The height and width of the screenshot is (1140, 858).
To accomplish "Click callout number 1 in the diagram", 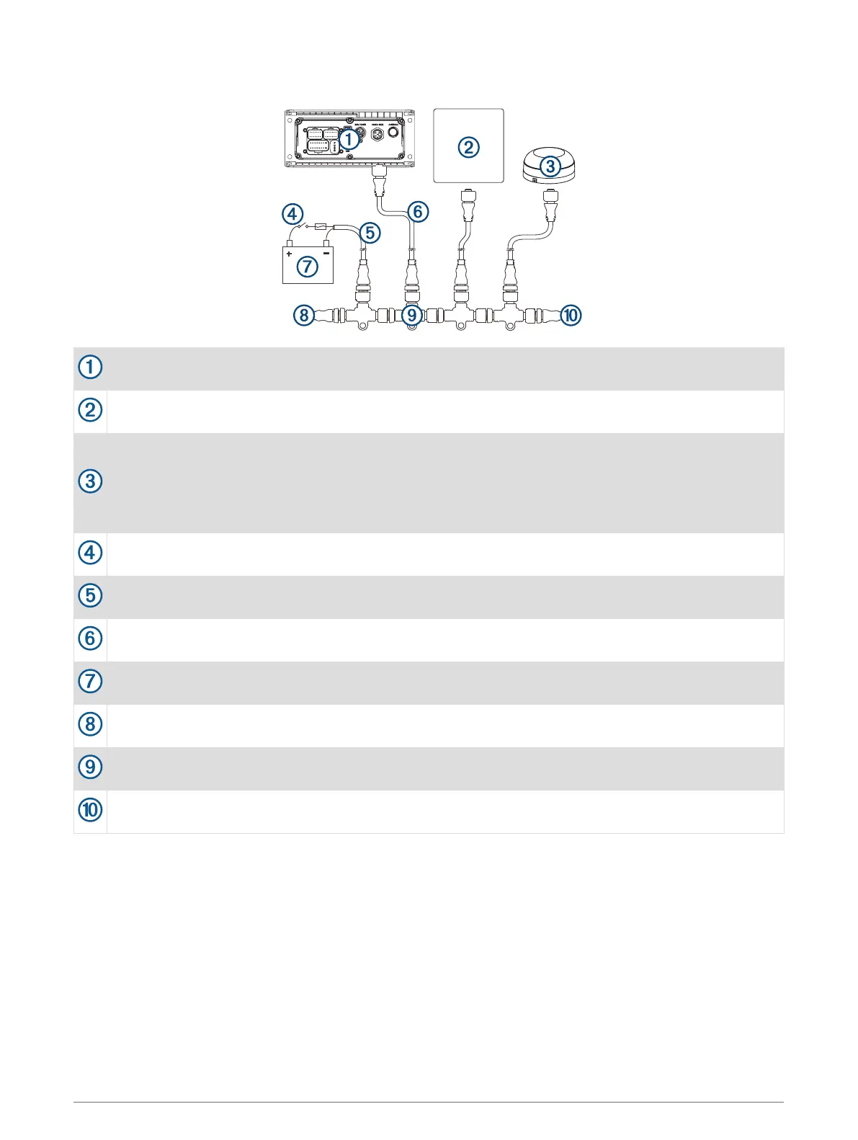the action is (x=349, y=139).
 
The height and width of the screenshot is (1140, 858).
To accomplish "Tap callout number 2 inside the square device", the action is (x=468, y=147).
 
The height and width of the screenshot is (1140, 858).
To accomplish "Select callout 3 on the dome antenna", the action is (x=550, y=166).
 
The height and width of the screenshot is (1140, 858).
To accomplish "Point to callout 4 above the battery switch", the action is (x=292, y=214).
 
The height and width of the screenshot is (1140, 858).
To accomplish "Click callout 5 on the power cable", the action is (x=370, y=233).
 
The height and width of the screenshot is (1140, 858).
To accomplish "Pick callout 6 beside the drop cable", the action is (x=418, y=212).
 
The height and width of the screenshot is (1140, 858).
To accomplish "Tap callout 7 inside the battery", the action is (x=308, y=266).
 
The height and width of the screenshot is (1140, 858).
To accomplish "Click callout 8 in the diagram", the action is (x=304, y=315).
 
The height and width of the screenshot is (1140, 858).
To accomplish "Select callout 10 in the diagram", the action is (x=571, y=315).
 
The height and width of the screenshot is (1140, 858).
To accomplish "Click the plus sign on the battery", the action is (x=290, y=254).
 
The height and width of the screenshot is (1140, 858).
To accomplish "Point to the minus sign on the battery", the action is (x=326, y=253).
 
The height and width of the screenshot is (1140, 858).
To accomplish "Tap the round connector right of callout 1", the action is (x=377, y=135).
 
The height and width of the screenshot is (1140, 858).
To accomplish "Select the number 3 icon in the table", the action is (x=90, y=481).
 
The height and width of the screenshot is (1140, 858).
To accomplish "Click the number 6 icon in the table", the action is (x=90, y=638).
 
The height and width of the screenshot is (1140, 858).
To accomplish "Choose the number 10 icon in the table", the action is (x=90, y=810).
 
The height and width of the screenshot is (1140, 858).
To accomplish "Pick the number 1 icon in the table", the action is (x=90, y=367).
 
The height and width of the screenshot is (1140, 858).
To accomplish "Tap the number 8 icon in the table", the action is (x=90, y=724).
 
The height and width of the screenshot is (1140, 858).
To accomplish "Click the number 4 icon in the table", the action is (x=90, y=553).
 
